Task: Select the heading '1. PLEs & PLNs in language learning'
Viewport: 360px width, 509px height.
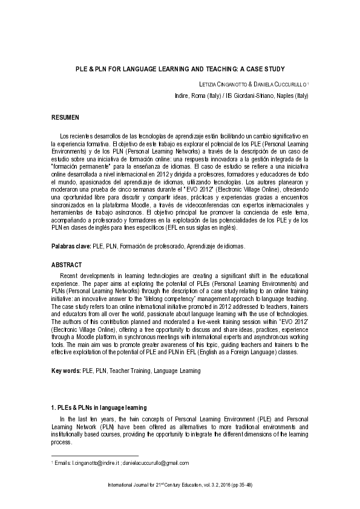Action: click(99, 408)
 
